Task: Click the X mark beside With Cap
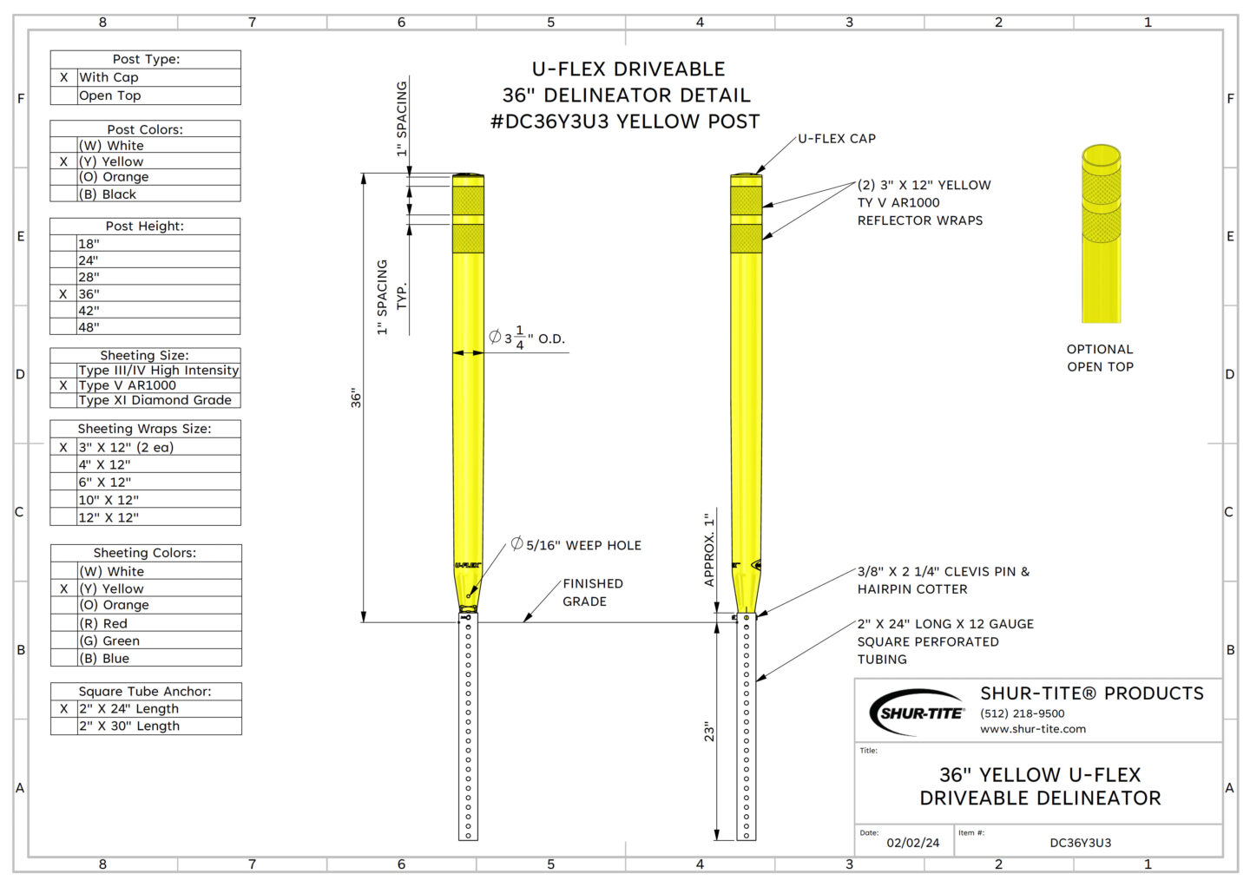coord(63,77)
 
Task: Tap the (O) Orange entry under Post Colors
coord(114,177)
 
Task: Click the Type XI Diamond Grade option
coord(155,400)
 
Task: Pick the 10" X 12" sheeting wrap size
coord(109,500)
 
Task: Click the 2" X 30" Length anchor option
coord(128,726)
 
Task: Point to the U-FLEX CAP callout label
coord(837,138)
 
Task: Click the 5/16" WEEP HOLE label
coord(576,545)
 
